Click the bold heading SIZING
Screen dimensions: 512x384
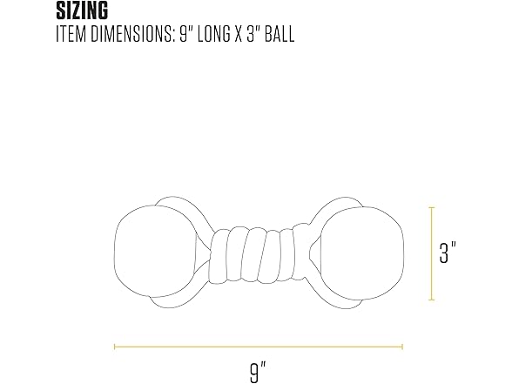click(x=82, y=10)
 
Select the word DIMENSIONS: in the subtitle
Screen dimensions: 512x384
click(x=131, y=34)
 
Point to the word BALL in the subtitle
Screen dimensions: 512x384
click(x=280, y=34)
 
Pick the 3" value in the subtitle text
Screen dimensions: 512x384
click(x=253, y=34)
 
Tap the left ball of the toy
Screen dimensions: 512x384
click(x=156, y=252)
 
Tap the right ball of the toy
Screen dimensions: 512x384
click(x=362, y=253)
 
